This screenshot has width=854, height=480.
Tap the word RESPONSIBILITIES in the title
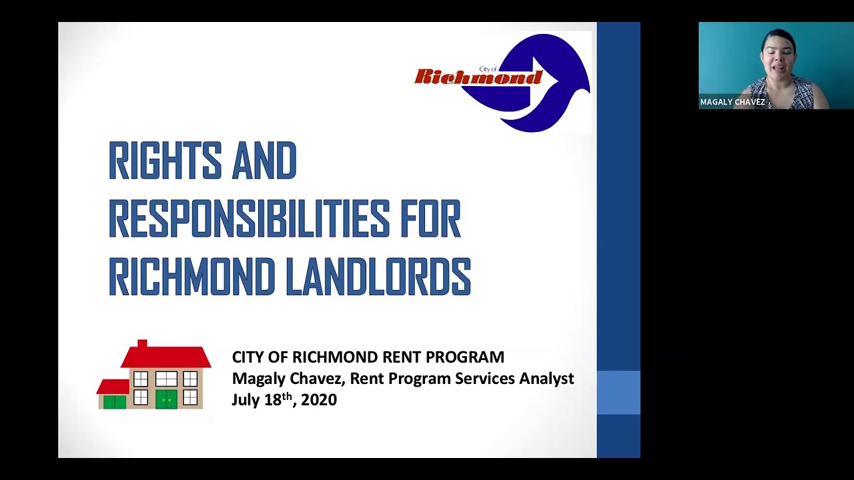(248, 219)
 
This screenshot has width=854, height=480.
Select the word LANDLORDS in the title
(378, 277)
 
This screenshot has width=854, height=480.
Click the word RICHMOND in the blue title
(191, 277)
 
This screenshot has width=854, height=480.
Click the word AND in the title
(264, 161)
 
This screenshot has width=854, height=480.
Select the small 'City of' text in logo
(488, 69)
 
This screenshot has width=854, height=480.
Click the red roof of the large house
(166, 357)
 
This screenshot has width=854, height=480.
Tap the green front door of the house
(166, 399)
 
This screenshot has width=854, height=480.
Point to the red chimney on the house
(142, 344)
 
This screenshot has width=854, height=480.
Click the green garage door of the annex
(115, 401)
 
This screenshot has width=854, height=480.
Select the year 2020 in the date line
(319, 400)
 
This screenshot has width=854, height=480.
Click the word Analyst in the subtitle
(546, 379)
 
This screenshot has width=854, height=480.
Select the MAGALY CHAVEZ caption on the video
(732, 102)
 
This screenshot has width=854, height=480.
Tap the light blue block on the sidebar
(618, 393)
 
